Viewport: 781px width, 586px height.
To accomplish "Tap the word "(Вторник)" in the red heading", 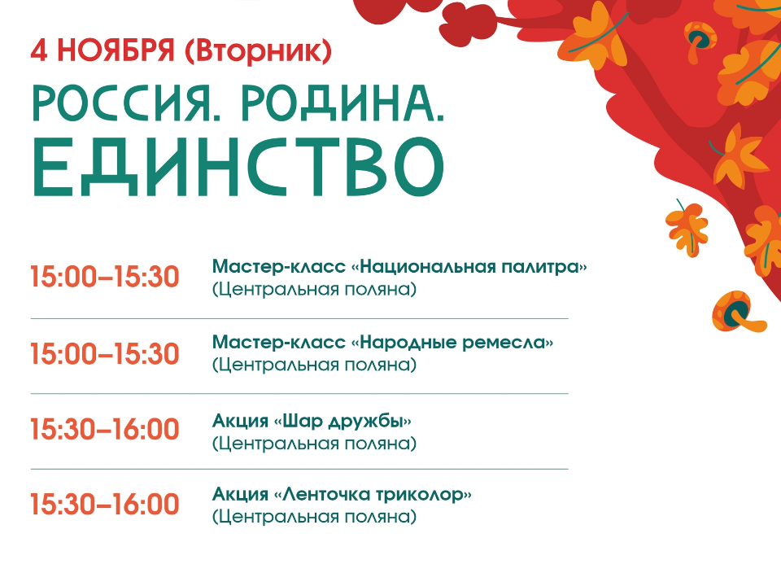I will coord(259,50).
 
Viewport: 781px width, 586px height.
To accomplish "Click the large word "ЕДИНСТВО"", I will coord(238,168).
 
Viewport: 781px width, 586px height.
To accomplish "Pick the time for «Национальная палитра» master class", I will coord(104,278).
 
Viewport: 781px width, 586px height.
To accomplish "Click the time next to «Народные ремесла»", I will coord(104,354).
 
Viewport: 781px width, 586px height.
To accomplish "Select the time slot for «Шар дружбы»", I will coord(104,430).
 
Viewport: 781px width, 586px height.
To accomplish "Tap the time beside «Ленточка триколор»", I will coord(104,505).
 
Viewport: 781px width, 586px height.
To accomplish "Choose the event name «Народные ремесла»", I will coord(452,343).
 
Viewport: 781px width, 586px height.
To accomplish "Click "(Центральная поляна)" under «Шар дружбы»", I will coord(314,444).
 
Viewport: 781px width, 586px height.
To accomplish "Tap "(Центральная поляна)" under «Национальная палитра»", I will coord(314,289).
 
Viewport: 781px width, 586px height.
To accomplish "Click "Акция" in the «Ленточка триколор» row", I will coord(239,495).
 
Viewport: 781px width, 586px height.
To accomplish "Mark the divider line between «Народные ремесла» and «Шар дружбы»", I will coord(299,394).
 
